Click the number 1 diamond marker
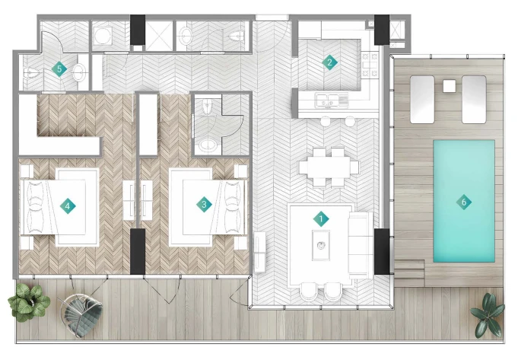321,219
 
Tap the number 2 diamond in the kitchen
329,62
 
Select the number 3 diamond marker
204,205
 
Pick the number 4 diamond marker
68,206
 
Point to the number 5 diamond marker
59,69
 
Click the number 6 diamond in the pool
464,202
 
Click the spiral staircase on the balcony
81,314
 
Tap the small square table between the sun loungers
450,86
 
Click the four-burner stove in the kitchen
370,65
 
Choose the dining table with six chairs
329,167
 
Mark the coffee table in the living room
321,245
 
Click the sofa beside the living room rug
361,245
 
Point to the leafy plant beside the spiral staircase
29,302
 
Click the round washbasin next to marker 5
79,72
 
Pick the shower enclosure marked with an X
159,36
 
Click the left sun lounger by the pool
422,100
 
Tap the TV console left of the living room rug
259,252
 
